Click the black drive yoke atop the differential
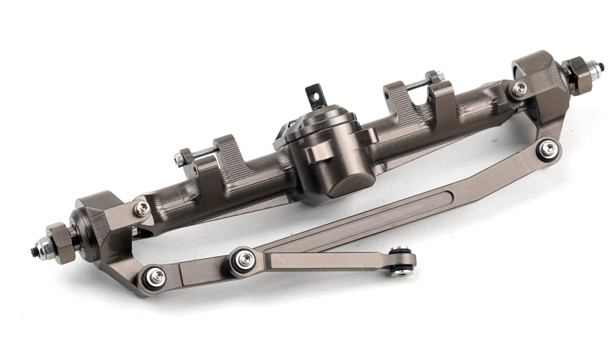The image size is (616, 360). click(x=316, y=96)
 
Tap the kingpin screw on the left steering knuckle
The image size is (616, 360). click(x=142, y=209)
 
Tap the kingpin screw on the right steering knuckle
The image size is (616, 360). click(x=519, y=88)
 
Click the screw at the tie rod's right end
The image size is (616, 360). click(x=547, y=150)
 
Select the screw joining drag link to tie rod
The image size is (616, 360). click(x=245, y=260)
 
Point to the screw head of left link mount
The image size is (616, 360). click(x=179, y=160)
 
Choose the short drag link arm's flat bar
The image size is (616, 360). click(x=326, y=260)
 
